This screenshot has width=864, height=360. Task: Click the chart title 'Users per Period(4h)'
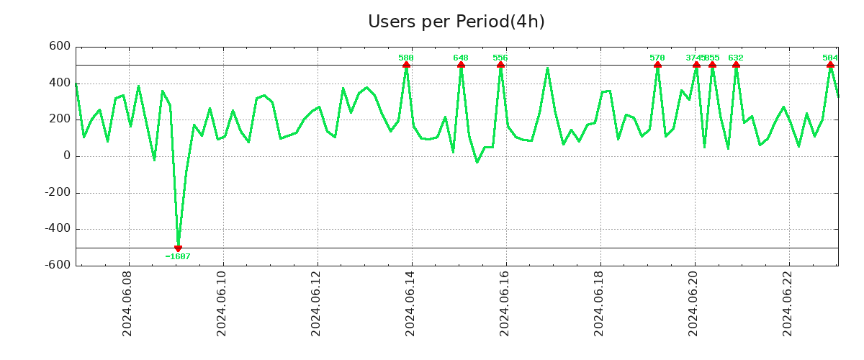pyautogui.click(x=456, y=22)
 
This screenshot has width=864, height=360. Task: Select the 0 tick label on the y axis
pyautogui.click(x=67, y=156)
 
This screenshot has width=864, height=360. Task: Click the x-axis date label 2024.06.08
pyautogui.click(x=127, y=303)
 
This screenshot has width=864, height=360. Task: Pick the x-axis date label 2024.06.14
pyautogui.click(x=410, y=303)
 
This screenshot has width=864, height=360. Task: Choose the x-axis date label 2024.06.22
pyautogui.click(x=788, y=303)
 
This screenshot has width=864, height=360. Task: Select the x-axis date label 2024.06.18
pyautogui.click(x=599, y=303)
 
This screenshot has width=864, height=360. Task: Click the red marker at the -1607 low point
pyautogui.click(x=178, y=248)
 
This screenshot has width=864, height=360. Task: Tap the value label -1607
pyautogui.click(x=178, y=256)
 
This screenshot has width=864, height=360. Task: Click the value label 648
pyautogui.click(x=461, y=58)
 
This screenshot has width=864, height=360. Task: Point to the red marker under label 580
pyautogui.click(x=406, y=65)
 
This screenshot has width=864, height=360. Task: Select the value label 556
pyautogui.click(x=500, y=58)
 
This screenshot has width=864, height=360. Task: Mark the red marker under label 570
pyautogui.click(x=657, y=65)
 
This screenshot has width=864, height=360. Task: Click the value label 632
pyautogui.click(x=736, y=58)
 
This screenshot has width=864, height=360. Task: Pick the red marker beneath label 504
pyautogui.click(x=830, y=65)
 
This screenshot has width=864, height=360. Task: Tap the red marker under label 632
pyautogui.click(x=736, y=65)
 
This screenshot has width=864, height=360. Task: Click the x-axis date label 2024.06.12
pyautogui.click(x=316, y=303)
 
